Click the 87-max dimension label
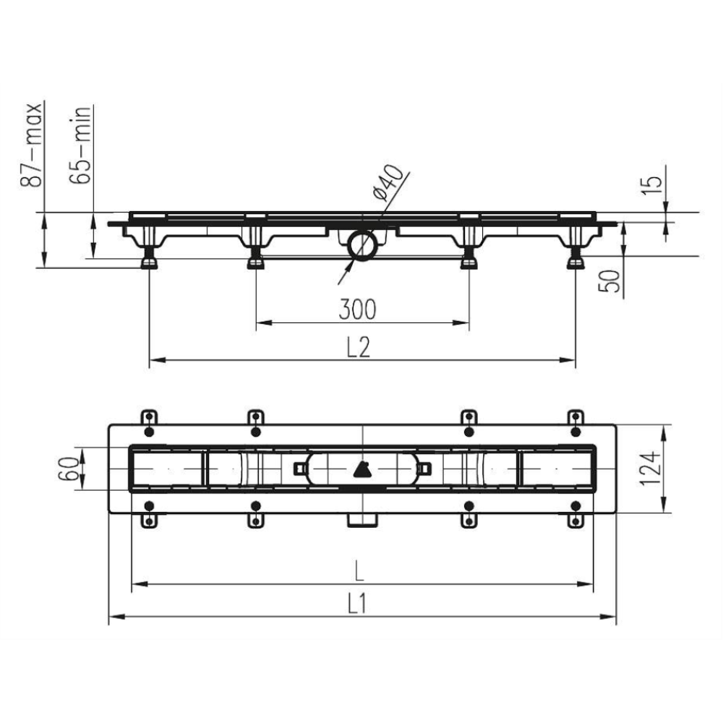[x=32, y=145]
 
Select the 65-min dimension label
[x=80, y=145]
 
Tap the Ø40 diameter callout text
[x=388, y=183]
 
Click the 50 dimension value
[x=609, y=281]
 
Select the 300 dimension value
[x=357, y=309]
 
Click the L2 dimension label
[x=359, y=347]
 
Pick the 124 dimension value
[x=650, y=468]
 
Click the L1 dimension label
[x=357, y=603]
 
